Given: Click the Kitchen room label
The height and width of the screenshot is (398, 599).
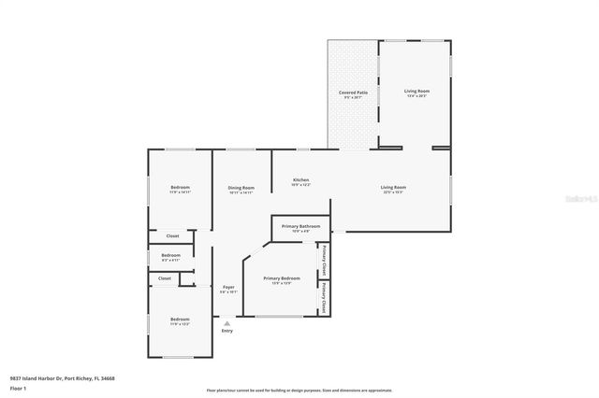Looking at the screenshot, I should pos(300,180).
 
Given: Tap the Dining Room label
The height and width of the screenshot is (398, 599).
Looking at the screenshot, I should pos(241,189).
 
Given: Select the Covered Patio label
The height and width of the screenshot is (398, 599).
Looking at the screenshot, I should pos(352,93).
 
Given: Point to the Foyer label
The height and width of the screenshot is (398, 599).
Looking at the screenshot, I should pos(227,287).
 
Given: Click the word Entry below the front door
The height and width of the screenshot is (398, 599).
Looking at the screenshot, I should pos(226,331).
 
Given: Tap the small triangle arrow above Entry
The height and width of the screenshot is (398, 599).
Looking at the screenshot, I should pos(226,322).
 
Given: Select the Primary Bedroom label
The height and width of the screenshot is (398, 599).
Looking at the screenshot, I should pos(281,278).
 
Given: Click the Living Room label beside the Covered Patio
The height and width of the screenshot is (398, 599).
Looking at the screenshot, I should pos(416,91).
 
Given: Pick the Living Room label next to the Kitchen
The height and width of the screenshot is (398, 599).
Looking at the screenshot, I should pos(393,188).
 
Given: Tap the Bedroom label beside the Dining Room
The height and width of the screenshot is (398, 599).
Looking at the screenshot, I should pos(180,189).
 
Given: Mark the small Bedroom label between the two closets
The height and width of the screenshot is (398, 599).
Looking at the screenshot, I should pos(170,255).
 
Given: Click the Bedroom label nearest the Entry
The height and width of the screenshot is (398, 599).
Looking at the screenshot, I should pos(180,320).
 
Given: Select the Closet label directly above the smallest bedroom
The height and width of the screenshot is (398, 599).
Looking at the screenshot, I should pos(172,235).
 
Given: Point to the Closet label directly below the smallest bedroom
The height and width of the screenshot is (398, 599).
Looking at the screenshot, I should pos(165,278).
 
